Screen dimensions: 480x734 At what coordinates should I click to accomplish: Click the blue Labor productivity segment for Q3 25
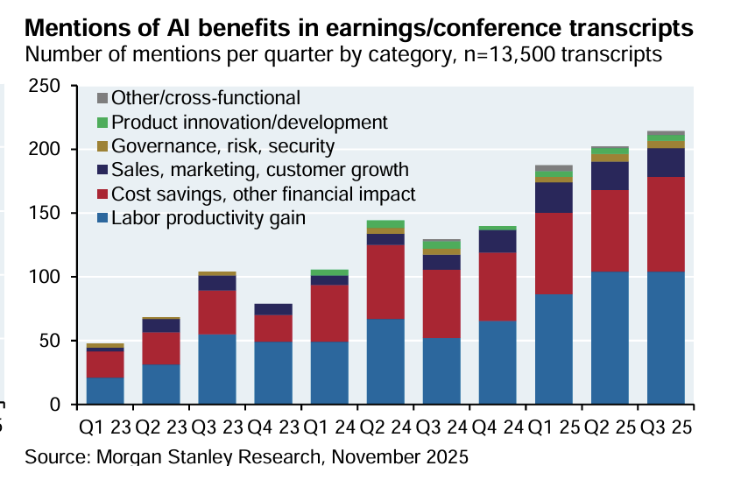(666, 337)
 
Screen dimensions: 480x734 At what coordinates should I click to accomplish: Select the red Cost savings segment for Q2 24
(385, 281)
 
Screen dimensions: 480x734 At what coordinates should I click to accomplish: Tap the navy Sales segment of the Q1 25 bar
(554, 197)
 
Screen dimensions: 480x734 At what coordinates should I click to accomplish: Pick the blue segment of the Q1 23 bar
(105, 391)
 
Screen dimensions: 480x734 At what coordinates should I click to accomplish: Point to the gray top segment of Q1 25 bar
(554, 168)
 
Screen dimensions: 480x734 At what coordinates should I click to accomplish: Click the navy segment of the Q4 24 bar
(498, 241)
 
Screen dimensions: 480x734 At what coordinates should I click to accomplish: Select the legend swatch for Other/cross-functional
(102, 98)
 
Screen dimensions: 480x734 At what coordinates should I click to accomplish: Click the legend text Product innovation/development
(250, 123)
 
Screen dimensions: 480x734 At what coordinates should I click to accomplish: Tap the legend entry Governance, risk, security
(223, 146)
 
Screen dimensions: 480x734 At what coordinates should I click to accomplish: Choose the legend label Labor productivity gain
(208, 218)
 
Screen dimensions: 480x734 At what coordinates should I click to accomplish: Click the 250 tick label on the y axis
(45, 87)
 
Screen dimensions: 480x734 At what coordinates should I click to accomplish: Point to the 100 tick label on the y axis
(45, 278)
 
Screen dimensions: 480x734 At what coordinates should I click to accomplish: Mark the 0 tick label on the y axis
(55, 405)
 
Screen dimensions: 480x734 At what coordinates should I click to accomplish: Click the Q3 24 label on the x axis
(441, 429)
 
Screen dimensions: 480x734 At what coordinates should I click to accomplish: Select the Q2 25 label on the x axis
(610, 429)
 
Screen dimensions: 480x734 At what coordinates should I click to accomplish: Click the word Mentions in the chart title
(69, 27)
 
